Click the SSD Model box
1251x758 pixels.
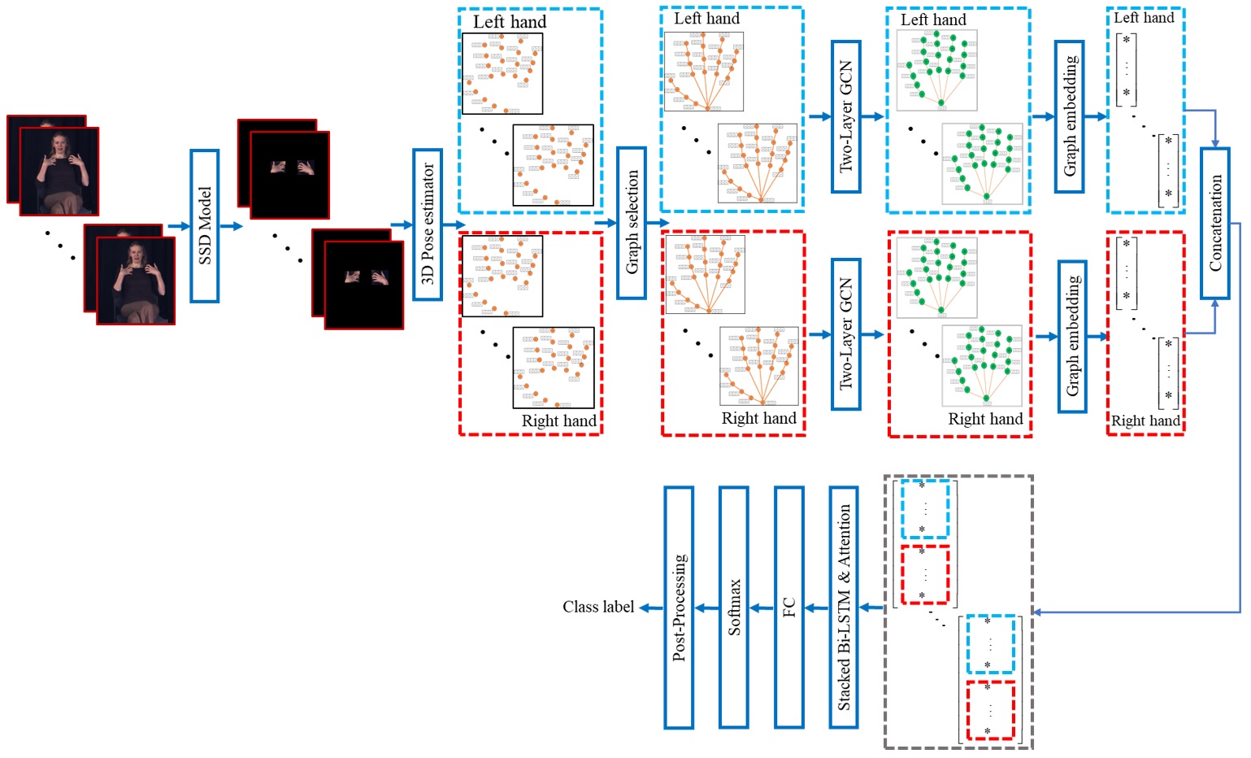(205, 225)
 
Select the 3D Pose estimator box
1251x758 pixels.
(428, 224)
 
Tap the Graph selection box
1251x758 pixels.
(632, 222)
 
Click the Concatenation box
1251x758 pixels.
(1215, 223)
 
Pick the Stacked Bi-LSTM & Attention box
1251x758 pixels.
(844, 607)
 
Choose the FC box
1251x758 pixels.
(788, 607)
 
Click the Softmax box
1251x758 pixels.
(734, 607)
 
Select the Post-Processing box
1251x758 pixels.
(679, 607)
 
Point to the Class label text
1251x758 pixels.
(597, 607)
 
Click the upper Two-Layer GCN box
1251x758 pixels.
(845, 116)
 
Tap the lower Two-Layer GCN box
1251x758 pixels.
(845, 333)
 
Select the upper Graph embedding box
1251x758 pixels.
(1070, 116)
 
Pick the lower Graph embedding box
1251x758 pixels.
(1072, 336)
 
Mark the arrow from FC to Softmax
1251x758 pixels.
(761, 608)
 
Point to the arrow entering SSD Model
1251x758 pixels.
(178, 226)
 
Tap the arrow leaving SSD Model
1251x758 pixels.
(232, 226)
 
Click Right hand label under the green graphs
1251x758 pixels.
(985, 419)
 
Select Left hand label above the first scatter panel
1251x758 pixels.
(510, 22)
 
